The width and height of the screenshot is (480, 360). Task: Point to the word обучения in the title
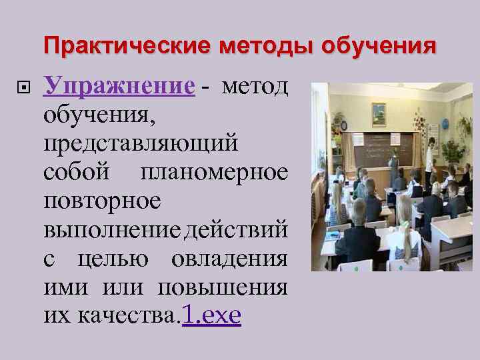pyautogui.click(x=379, y=47)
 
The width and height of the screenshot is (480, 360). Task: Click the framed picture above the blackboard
pyautogui.click(x=379, y=114)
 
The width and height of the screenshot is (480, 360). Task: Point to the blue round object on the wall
pyautogui.click(x=445, y=125)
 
